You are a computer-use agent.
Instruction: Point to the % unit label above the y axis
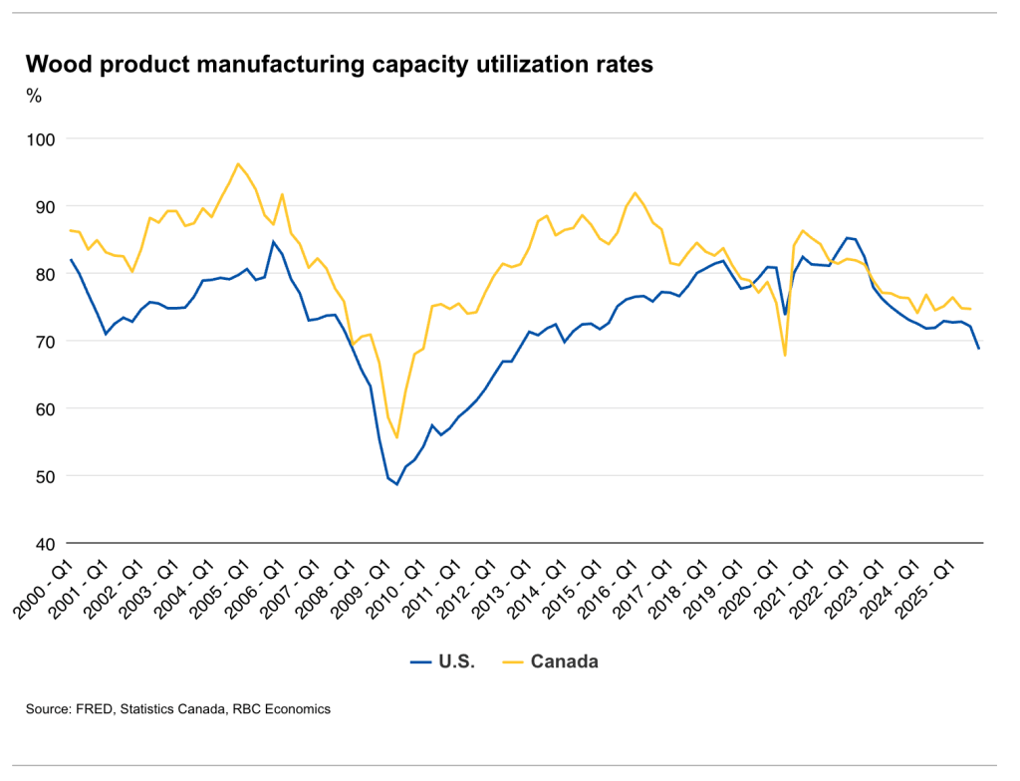(34, 96)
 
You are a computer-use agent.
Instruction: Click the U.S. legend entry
(443, 661)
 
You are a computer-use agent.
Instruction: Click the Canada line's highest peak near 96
(238, 163)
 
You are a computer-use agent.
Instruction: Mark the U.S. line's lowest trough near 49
(396, 484)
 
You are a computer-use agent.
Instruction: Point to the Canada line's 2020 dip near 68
(785, 355)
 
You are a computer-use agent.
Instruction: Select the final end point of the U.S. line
(979, 349)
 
